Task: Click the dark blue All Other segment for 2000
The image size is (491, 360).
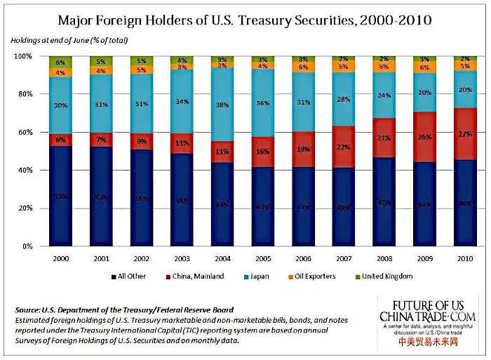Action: [60, 196]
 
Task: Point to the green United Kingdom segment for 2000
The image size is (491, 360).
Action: [60, 62]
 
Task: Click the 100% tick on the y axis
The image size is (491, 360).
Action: [22, 55]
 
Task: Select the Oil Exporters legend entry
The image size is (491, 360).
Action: [312, 276]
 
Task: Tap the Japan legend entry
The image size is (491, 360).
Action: [255, 276]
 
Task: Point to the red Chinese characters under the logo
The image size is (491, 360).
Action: [427, 342]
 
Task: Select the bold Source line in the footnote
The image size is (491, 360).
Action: [123, 309]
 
